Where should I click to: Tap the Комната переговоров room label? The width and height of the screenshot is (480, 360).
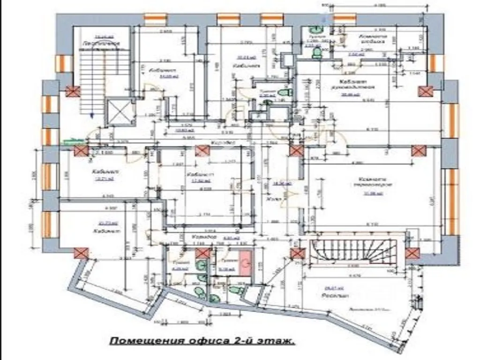click(372, 181)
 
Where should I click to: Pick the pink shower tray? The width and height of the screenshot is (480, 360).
click(244, 262)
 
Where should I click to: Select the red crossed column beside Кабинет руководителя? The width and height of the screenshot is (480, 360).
click(425, 90)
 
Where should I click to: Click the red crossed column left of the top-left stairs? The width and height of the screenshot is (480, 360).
click(73, 91)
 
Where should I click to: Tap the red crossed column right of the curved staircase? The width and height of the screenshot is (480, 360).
click(412, 253)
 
